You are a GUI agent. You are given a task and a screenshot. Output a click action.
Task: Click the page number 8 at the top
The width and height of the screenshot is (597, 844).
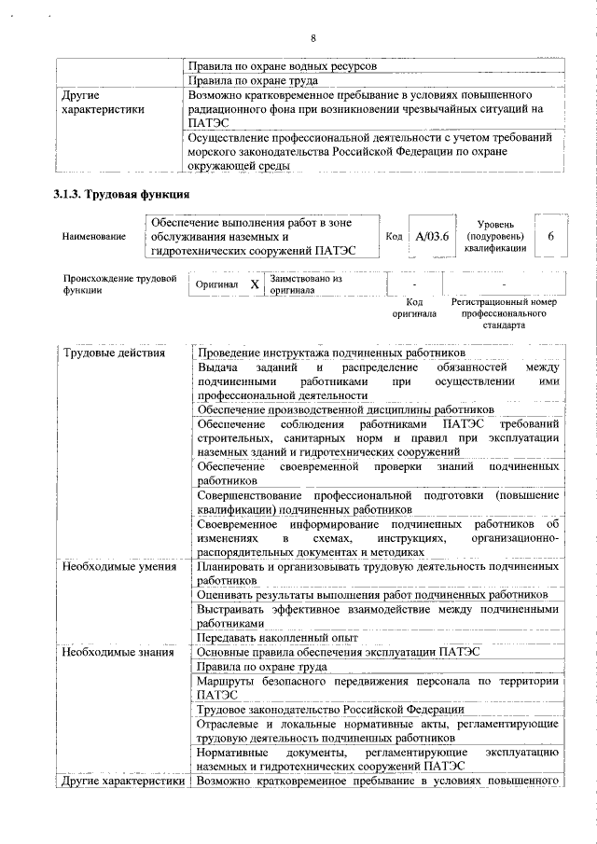(313, 37)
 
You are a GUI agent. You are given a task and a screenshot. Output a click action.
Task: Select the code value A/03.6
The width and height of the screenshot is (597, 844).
(432, 237)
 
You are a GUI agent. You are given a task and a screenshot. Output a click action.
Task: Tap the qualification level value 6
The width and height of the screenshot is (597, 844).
(550, 237)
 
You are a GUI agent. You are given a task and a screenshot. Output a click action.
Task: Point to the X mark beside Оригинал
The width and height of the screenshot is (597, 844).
(254, 284)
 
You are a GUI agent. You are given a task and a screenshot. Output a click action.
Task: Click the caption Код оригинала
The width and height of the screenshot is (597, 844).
(414, 308)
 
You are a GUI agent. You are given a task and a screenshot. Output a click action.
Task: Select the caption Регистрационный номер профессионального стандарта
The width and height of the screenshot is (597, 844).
(504, 314)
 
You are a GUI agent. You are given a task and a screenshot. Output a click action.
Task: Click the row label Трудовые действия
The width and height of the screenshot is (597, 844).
(114, 353)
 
